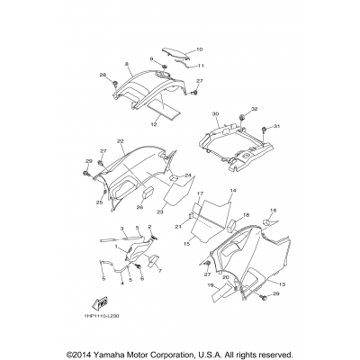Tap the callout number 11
[200, 65]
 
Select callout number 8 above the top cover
[128, 65]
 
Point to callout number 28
[103, 75]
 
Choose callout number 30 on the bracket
[215, 114]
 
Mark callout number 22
[120, 141]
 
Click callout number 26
[140, 207]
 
